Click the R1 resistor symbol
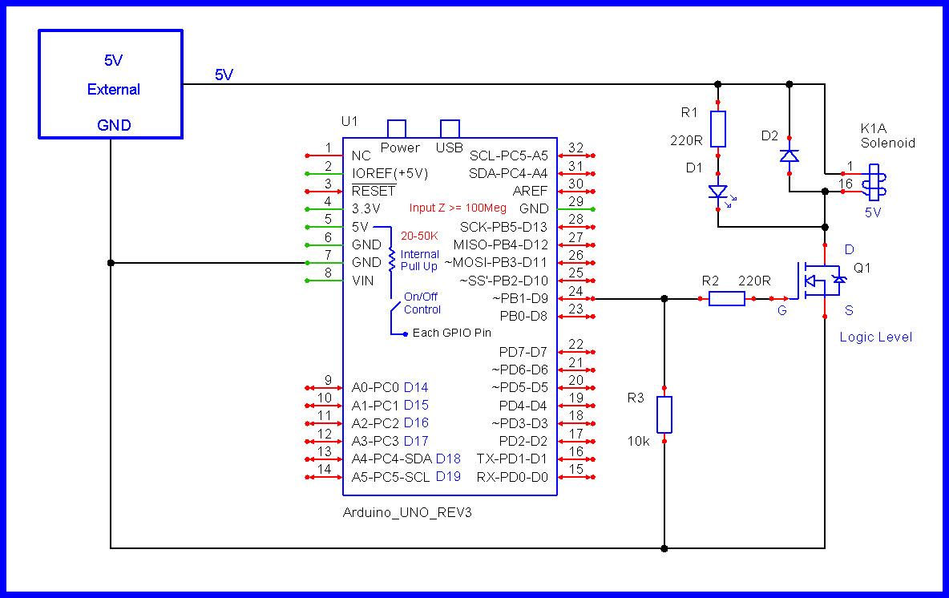(718, 129)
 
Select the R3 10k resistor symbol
(664, 414)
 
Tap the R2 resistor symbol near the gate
(726, 298)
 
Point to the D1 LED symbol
(719, 194)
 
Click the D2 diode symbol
(789, 156)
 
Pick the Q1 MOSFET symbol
(820, 281)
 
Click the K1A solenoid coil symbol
(874, 182)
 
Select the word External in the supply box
(114, 90)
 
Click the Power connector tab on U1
(397, 129)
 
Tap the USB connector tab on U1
(450, 129)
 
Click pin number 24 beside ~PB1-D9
(575, 290)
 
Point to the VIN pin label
(362, 281)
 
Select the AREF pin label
(530, 192)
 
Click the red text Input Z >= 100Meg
(458, 208)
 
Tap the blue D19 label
(449, 477)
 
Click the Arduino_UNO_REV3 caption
(407, 513)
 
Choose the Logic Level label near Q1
(876, 337)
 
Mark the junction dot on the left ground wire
(111, 263)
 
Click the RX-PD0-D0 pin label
(512, 477)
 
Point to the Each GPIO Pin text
(451, 333)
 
